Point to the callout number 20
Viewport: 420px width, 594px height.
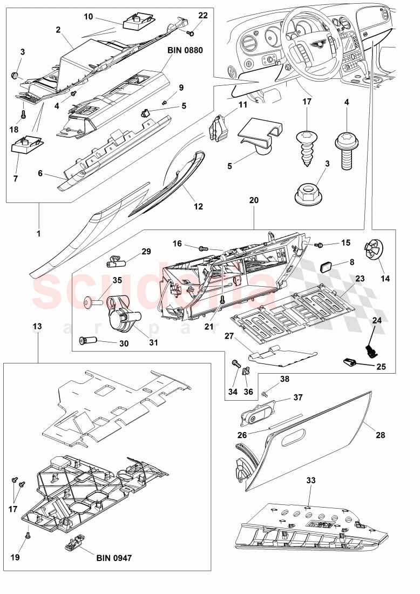coord(254,200)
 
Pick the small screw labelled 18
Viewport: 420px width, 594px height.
coord(23,114)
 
